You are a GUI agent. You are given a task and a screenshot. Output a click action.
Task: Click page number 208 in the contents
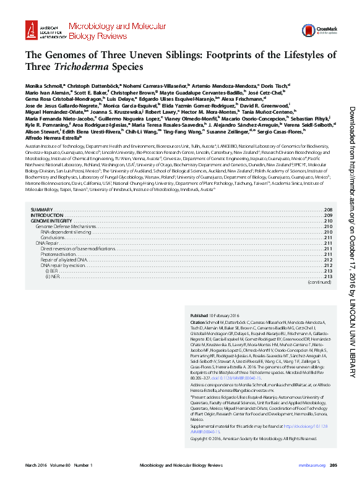[x=329, y=211]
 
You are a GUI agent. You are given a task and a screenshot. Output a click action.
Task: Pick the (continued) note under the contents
[x=320, y=282]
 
